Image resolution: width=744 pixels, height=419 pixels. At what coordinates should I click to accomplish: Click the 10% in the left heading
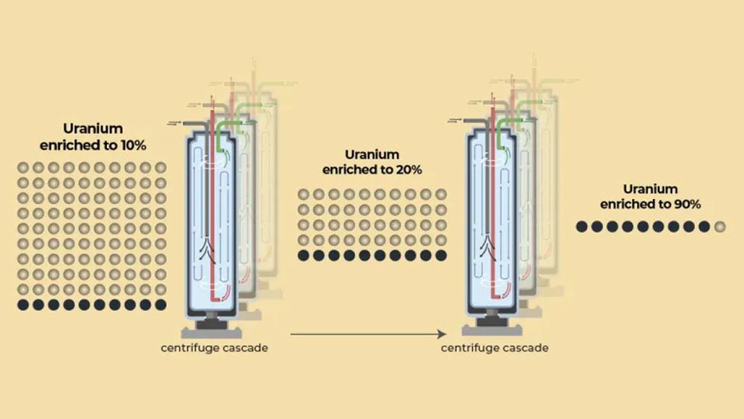click(x=133, y=145)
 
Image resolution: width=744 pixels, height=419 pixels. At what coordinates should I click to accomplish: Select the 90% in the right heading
click(x=687, y=204)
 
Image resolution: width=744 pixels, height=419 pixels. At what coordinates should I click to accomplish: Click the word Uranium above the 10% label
click(x=93, y=129)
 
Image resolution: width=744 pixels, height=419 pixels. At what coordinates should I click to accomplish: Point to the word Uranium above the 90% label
click(x=650, y=189)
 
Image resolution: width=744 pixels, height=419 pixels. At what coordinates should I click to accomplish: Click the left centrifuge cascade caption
click(x=214, y=349)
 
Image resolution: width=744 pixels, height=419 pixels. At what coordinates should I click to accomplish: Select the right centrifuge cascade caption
click(x=495, y=349)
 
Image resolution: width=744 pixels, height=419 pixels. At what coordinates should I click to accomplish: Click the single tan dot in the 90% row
click(x=720, y=226)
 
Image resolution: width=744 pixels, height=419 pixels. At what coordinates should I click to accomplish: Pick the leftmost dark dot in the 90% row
click(x=582, y=226)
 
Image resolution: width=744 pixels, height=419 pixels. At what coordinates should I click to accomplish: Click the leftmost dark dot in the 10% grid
click(x=23, y=304)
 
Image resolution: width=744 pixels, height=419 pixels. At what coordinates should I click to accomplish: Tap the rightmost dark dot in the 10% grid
click(x=161, y=304)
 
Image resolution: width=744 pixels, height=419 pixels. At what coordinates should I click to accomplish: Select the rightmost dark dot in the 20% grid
click(x=441, y=255)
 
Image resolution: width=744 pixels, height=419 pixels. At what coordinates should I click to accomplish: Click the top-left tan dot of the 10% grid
click(x=23, y=168)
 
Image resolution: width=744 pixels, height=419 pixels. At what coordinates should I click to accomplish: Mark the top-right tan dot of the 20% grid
click(x=441, y=194)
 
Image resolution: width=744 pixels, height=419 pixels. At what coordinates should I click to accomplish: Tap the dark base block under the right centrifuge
click(x=492, y=321)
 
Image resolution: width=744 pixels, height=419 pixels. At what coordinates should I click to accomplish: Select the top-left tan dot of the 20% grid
click(x=303, y=194)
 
